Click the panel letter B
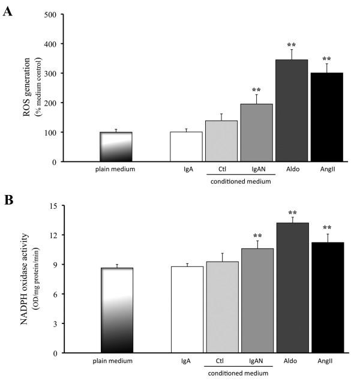(8, 200)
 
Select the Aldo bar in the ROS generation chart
(292, 111)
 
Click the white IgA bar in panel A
(187, 147)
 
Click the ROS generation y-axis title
(27, 88)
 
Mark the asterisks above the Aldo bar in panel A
(292, 45)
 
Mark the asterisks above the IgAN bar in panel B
(257, 236)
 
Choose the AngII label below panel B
(328, 361)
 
